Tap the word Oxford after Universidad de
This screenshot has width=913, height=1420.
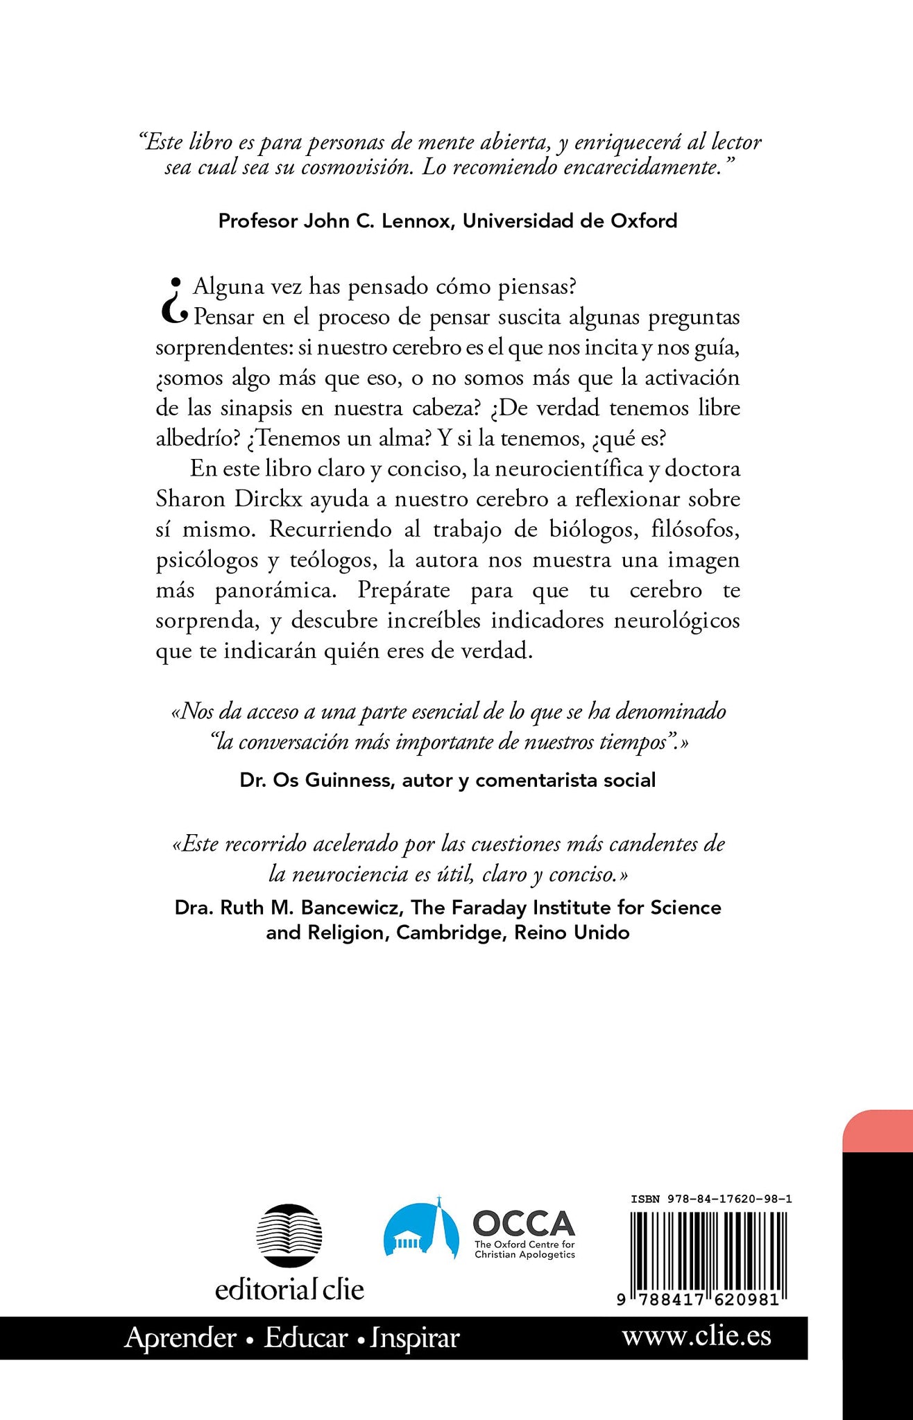[644, 220]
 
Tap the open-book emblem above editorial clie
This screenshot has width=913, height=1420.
[289, 1235]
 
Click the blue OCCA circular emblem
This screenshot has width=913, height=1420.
[422, 1230]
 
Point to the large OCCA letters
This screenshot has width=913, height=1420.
[523, 1224]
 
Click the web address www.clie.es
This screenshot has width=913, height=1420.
[696, 1336]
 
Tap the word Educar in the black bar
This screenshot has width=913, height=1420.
[305, 1337]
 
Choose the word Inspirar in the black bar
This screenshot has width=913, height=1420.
[414, 1337]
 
